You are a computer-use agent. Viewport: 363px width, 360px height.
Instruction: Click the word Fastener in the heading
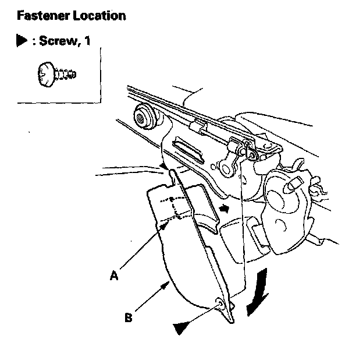point(42,16)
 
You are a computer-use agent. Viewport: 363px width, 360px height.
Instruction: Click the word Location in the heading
point(98,16)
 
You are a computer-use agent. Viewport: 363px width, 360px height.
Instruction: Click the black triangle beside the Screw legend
point(22,41)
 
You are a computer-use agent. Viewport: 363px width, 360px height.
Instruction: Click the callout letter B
point(127,317)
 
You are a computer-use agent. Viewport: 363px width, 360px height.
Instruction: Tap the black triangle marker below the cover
point(182,328)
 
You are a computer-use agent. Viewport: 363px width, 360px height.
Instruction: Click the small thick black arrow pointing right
point(224,208)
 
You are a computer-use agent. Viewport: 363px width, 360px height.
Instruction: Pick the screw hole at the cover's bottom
point(220,303)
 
